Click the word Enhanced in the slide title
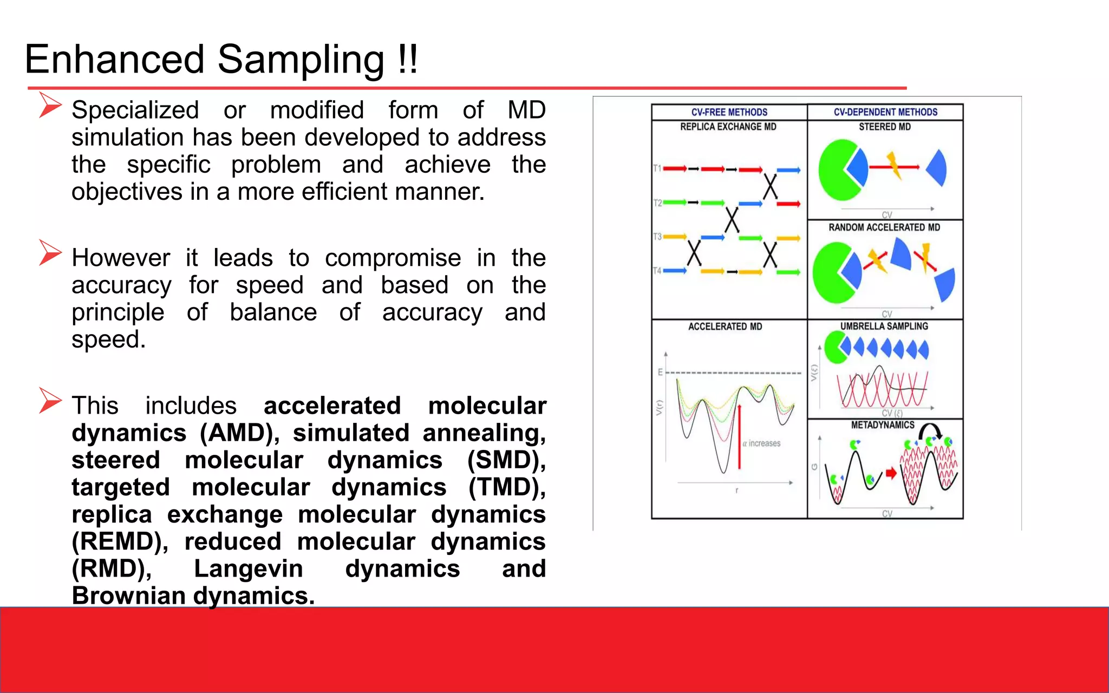click(114, 59)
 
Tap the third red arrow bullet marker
click(50, 401)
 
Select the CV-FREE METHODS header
click(729, 112)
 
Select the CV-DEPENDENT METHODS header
click(885, 112)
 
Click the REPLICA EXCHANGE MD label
click(728, 127)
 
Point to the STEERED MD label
click(885, 127)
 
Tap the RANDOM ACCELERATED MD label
click(884, 227)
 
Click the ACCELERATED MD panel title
click(725, 326)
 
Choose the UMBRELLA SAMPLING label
click(884, 326)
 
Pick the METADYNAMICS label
click(882, 425)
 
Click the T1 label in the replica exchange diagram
click(657, 168)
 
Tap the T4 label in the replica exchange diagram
click(657, 270)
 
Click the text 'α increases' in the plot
click(761, 443)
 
